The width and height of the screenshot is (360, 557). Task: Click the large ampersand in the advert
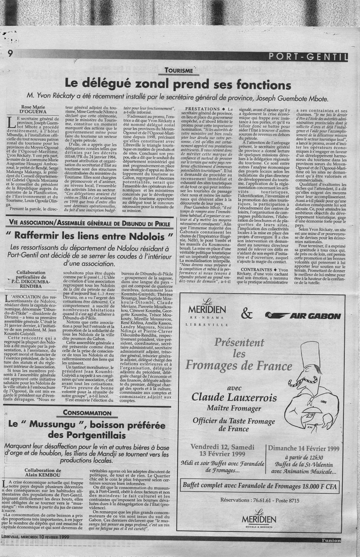tap(246, 314)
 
